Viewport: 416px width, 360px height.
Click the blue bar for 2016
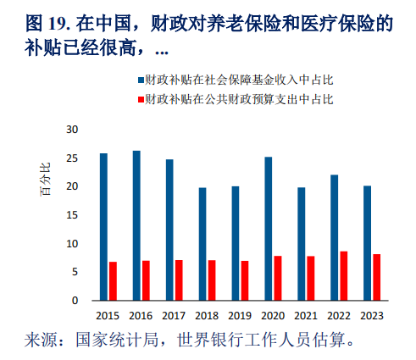click(x=136, y=225)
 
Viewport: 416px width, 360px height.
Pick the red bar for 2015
click(x=114, y=280)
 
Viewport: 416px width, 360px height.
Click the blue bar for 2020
click(x=268, y=228)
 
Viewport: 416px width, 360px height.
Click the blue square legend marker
click(x=141, y=80)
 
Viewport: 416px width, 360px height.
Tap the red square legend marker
click(x=141, y=99)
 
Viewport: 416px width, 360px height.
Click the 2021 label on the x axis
click(x=305, y=315)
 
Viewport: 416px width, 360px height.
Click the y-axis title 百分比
click(x=48, y=184)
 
